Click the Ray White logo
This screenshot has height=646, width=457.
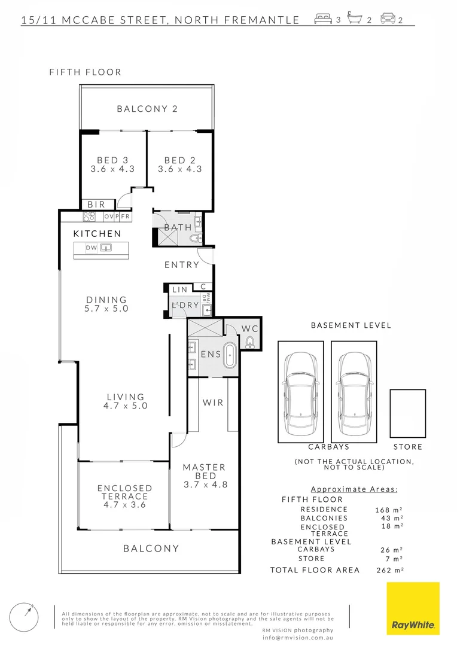pyautogui.click(x=413, y=608)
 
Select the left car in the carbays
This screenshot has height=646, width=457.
pyautogui.click(x=300, y=392)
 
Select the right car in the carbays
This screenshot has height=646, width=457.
pyautogui.click(x=354, y=392)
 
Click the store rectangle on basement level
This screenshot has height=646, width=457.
pyautogui.click(x=407, y=413)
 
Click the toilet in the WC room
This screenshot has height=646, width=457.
pyautogui.click(x=249, y=342)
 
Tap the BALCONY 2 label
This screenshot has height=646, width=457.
pyautogui.click(x=147, y=109)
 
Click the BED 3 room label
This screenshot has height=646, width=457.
pyautogui.click(x=112, y=160)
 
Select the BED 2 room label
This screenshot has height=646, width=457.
pyautogui.click(x=179, y=160)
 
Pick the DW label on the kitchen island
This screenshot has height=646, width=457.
pyautogui.click(x=91, y=248)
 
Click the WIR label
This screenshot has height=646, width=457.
pyautogui.click(x=213, y=403)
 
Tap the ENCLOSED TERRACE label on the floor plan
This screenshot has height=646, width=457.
pyautogui.click(x=124, y=492)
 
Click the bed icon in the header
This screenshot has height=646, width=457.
pyautogui.click(x=323, y=19)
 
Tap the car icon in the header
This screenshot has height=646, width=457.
pyautogui.click(x=388, y=19)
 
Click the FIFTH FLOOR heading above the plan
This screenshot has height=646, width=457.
pyautogui.click(x=86, y=72)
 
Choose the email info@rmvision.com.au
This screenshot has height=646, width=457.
pyautogui.click(x=298, y=638)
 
